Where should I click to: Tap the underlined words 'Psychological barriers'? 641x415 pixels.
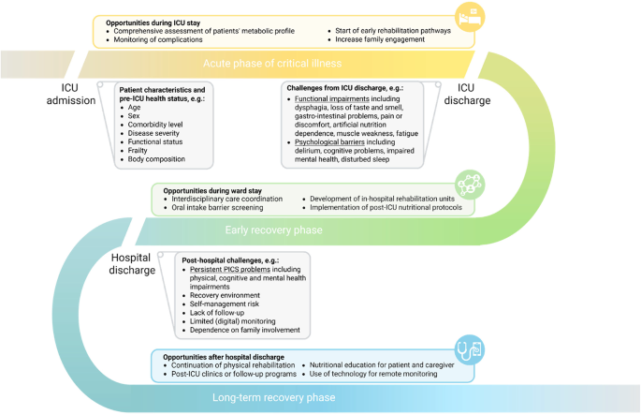pos(331,142)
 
